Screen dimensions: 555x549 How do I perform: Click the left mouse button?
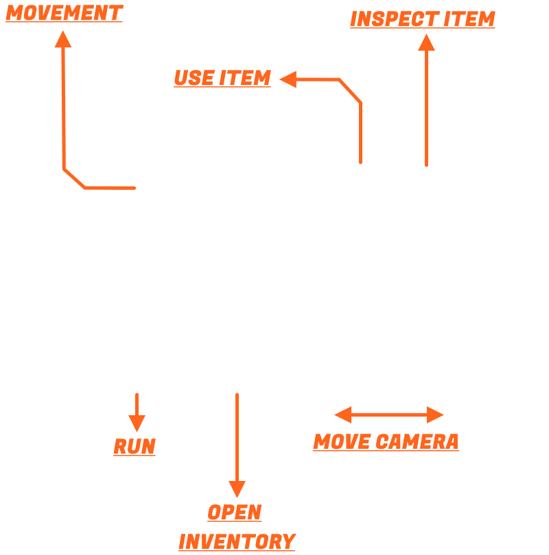point(358,180)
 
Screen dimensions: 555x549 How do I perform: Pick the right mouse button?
point(425,180)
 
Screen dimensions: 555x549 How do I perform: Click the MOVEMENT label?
point(64,12)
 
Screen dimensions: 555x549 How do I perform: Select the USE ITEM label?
point(222,78)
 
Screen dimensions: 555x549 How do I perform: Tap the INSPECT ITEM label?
point(422,18)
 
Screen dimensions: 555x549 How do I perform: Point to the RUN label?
point(135,447)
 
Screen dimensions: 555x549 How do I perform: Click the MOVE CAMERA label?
point(386,442)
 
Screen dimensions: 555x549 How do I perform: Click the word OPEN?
point(235,513)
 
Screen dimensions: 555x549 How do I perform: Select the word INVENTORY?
point(237,541)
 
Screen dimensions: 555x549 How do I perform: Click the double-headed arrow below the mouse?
point(389,415)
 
